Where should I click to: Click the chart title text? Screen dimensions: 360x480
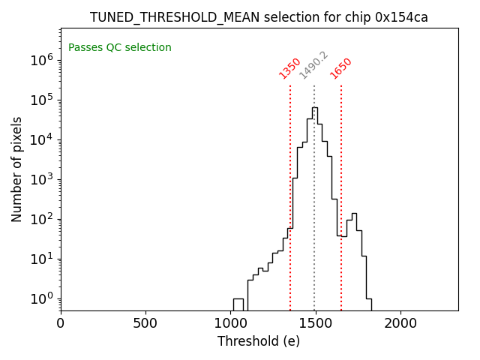click(x=259, y=17)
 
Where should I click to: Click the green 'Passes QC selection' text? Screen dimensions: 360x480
click(x=120, y=48)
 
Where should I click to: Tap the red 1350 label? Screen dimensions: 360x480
click(x=289, y=68)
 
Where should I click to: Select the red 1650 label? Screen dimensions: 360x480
click(x=341, y=68)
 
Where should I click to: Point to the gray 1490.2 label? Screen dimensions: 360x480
click(x=313, y=65)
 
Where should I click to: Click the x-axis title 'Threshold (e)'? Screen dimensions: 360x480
click(x=259, y=341)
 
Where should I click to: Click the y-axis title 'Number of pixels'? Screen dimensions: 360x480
click(x=16, y=169)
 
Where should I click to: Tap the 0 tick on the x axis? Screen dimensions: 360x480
click(x=61, y=324)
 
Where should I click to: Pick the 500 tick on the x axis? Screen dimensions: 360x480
click(x=145, y=324)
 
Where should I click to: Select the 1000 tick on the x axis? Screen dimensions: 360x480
click(x=230, y=324)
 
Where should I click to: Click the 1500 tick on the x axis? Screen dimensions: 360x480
click(x=315, y=324)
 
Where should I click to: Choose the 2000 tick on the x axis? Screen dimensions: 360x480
click(x=400, y=324)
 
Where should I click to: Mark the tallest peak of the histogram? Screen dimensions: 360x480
click(x=314, y=108)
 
